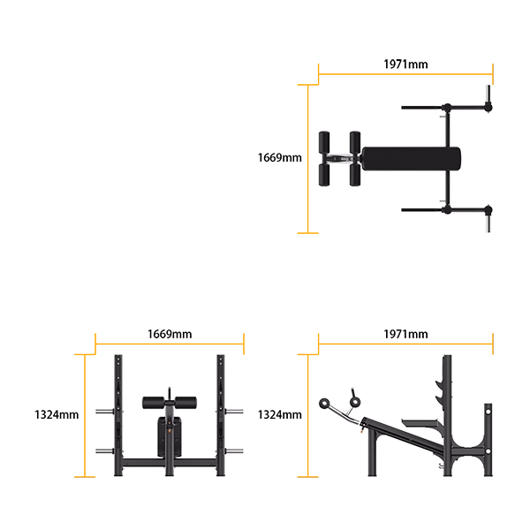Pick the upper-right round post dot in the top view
point(487,108)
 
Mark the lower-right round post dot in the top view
point(487,210)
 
